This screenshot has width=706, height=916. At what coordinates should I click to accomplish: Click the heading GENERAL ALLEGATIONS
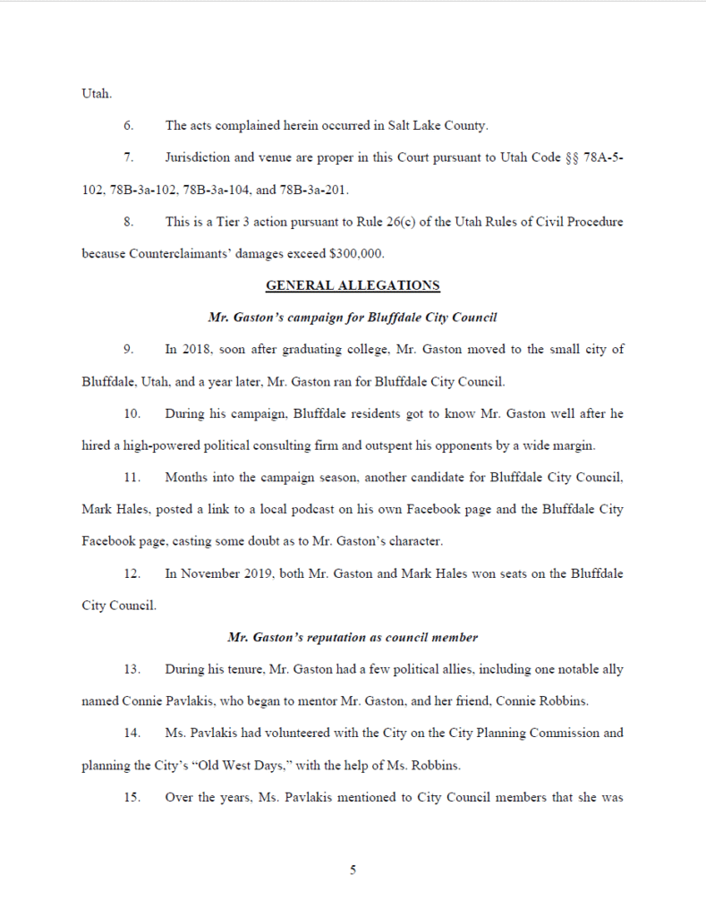353,285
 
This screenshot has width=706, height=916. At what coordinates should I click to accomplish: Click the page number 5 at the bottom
353,869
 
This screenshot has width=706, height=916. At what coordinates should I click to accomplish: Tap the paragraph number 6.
128,125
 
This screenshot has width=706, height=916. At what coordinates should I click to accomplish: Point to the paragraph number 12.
131,573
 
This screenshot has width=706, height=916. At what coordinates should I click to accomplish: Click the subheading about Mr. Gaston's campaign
353,317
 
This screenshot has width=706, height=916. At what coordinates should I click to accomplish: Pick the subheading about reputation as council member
353,637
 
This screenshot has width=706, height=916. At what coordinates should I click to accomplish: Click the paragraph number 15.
131,797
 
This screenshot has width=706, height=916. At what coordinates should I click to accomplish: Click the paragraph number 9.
128,349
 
